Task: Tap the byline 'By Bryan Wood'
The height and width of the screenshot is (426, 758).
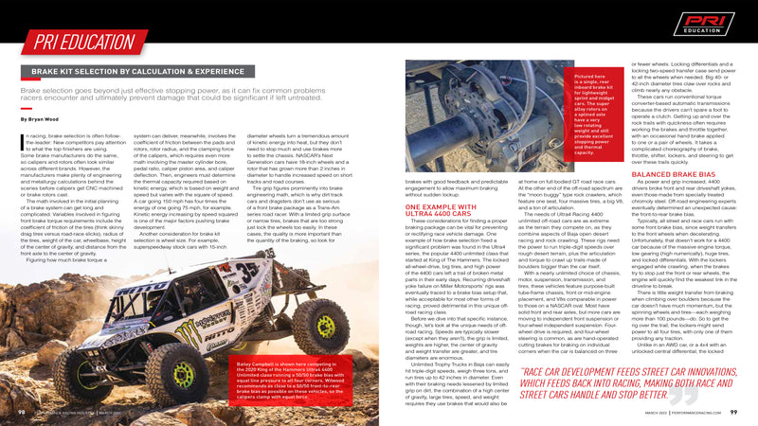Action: (x=39, y=120)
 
